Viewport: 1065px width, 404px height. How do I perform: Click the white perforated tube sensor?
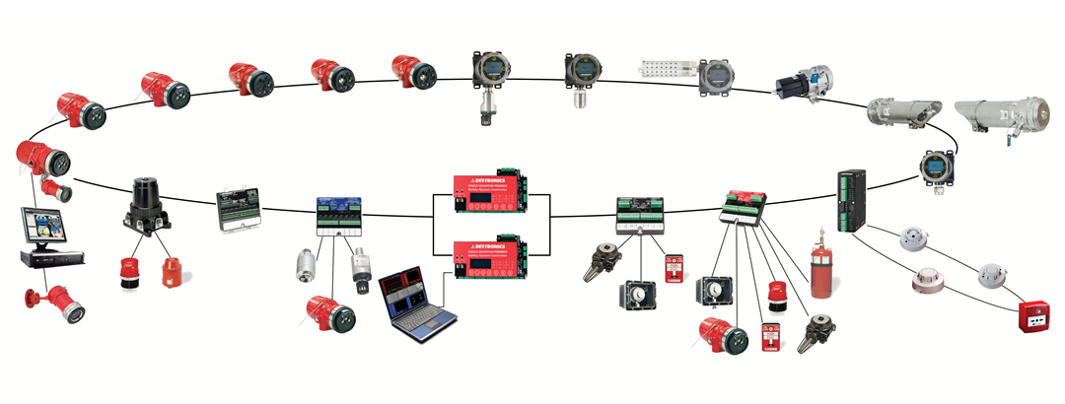pyautogui.click(x=666, y=68)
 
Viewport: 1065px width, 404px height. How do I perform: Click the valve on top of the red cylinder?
pyautogui.click(x=816, y=239)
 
